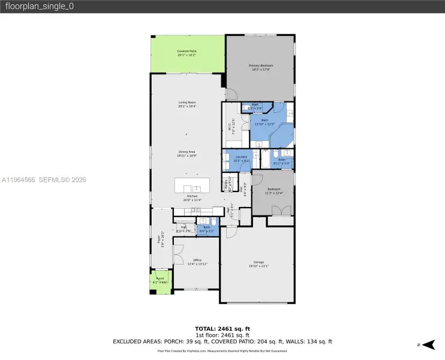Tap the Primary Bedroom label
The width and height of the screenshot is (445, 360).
(261, 67)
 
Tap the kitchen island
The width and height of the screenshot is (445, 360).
(193, 185)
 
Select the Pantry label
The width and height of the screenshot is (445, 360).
(227, 185)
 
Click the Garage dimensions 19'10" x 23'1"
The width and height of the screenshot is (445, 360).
(258, 266)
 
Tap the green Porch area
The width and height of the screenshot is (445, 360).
(160, 283)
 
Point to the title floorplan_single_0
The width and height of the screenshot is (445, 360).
(28, 7)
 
